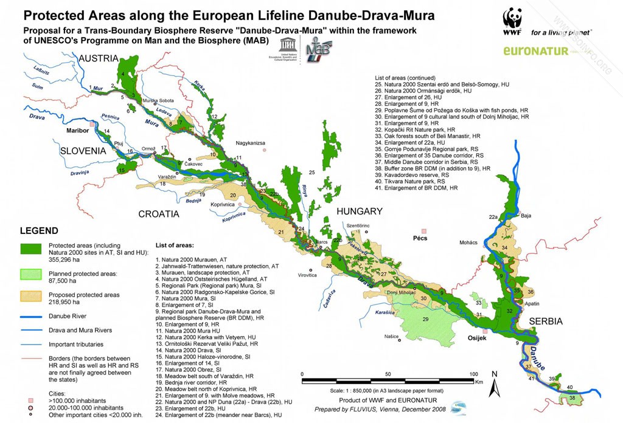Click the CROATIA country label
[x=159, y=214]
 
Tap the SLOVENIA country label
[x=86, y=151]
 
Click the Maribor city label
[x=78, y=130]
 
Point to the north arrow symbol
[x=496, y=382]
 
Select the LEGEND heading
[x=40, y=231]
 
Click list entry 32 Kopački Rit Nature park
[x=415, y=129]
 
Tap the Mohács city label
[x=468, y=242]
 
